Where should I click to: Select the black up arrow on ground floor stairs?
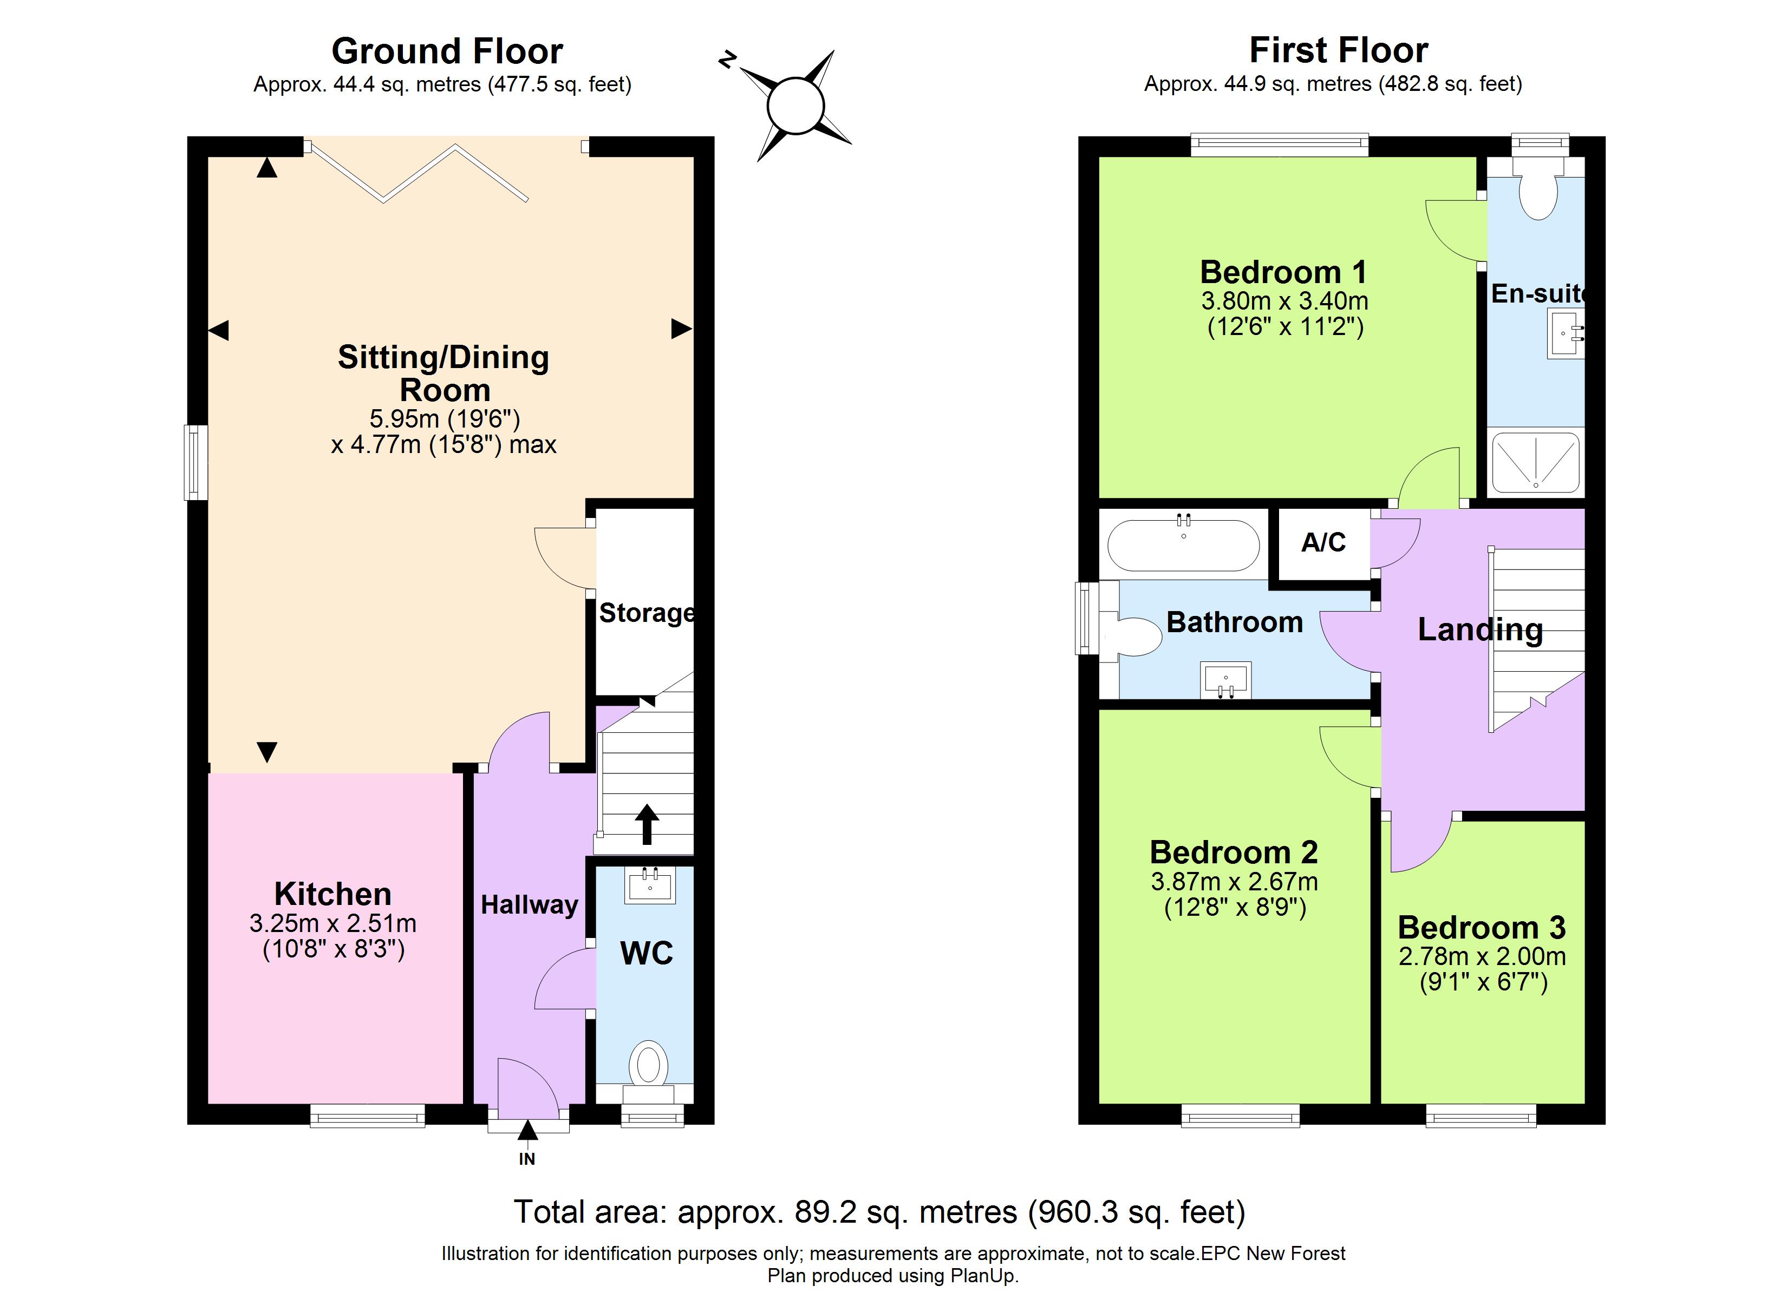pyautogui.click(x=647, y=824)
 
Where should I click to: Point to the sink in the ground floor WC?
pyautogui.click(x=650, y=885)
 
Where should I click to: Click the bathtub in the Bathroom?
pyautogui.click(x=1183, y=545)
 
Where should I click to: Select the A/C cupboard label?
pyautogui.click(x=1323, y=543)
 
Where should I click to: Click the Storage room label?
pyautogui.click(x=646, y=613)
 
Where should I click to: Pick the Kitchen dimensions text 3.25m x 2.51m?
pyautogui.click(x=332, y=923)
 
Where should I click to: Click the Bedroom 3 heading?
pyautogui.click(x=1481, y=927)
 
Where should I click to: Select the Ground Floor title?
pyautogui.click(x=447, y=51)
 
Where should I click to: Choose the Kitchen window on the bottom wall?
pyautogui.click(x=367, y=1116)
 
